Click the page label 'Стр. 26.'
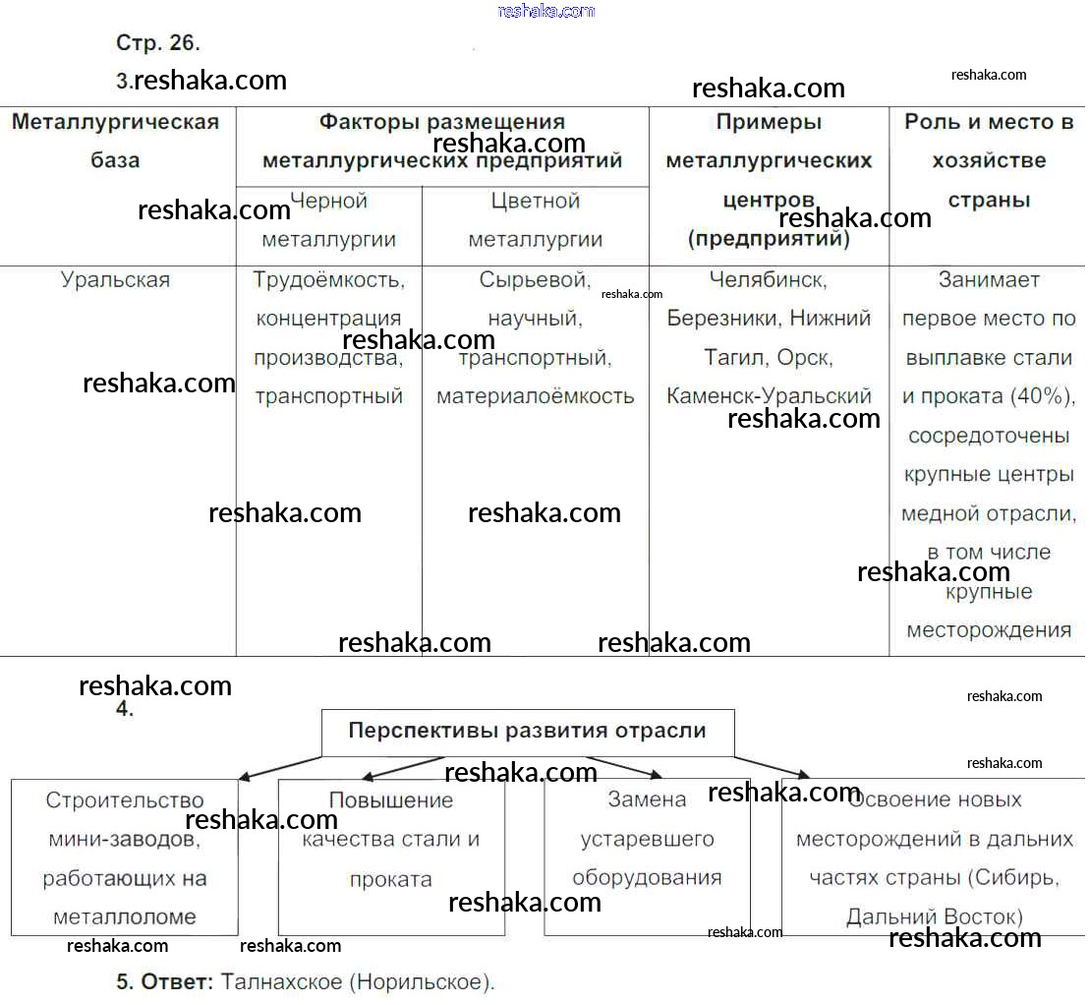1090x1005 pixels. coord(157,42)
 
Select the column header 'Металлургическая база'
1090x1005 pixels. coord(115,141)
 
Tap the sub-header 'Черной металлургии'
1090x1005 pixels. coord(328,220)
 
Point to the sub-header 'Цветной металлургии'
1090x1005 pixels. coord(535,220)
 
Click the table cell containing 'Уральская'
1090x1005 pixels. coord(115,280)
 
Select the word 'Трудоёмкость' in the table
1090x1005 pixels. coord(328,280)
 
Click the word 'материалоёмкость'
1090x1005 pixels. coord(536,397)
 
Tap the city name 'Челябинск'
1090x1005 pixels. coord(769,280)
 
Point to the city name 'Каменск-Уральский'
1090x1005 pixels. coord(769,397)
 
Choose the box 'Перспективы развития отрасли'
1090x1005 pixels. coord(528,732)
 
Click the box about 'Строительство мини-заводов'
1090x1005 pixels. coord(125,857)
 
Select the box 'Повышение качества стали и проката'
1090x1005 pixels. coord(391,857)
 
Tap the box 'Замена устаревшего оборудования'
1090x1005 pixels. coord(647,857)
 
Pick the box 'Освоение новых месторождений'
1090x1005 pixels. coord(934,857)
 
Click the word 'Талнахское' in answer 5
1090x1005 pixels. coord(281,982)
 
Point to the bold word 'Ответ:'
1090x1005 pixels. coord(177,982)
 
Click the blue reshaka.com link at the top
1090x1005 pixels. coord(546,11)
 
